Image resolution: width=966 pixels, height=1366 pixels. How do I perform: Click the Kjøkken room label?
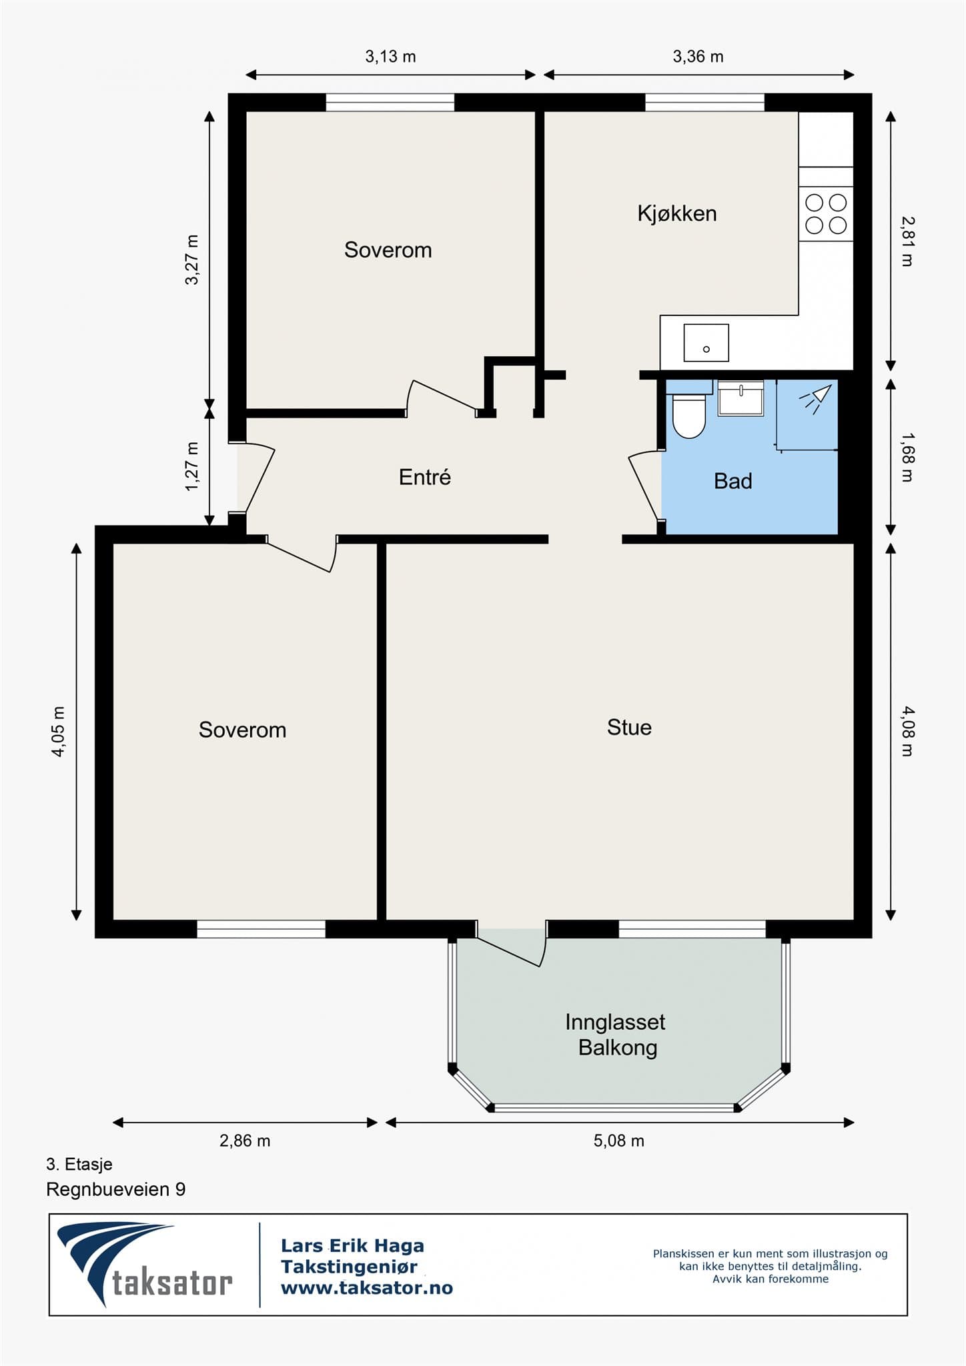677,213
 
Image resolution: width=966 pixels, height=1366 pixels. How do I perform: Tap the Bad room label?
733,481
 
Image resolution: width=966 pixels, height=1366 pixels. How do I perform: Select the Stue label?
629,727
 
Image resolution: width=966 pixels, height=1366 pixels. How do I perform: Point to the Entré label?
425,477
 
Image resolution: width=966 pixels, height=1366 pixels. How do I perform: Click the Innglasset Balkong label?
616,1035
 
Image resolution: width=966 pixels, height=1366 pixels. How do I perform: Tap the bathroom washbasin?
741,398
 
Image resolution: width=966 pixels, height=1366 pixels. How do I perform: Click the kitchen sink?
706,343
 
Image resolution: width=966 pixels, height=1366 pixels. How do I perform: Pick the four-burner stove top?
826,213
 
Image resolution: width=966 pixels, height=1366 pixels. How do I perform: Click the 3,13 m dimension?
390,57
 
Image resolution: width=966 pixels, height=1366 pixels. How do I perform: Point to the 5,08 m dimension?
619,1141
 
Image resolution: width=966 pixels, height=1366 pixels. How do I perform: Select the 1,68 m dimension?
907,457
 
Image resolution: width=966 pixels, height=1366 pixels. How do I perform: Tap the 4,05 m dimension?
59,731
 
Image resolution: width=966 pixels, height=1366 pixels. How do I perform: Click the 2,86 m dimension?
245,1141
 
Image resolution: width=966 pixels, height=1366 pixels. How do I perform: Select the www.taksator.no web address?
366,1288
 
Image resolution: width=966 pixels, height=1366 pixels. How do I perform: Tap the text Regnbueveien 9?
116,1189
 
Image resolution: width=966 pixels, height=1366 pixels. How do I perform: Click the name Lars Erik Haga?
352,1245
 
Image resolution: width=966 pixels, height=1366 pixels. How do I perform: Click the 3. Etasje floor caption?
79,1164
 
